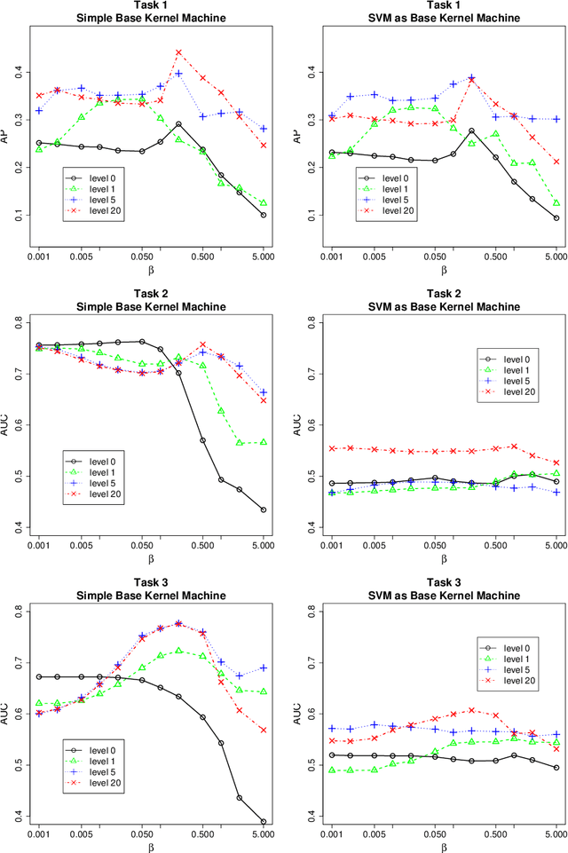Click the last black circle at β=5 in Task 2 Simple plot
click(264, 509)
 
